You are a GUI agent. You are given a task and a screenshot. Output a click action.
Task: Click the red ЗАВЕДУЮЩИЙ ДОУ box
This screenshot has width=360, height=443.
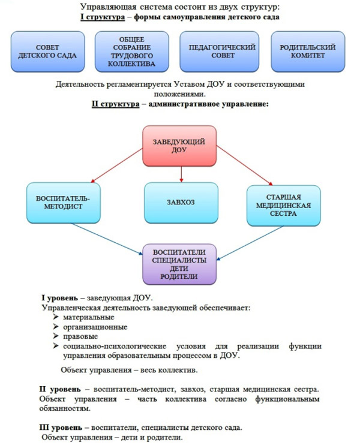(179, 146)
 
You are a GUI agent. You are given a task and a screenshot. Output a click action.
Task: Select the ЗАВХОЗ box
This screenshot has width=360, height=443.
(181, 202)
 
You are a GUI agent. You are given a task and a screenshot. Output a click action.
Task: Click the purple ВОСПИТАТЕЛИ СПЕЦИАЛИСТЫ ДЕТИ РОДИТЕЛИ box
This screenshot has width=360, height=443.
(179, 264)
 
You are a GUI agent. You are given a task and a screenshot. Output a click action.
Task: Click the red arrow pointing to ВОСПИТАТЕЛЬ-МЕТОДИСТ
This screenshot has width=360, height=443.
(116, 164)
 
